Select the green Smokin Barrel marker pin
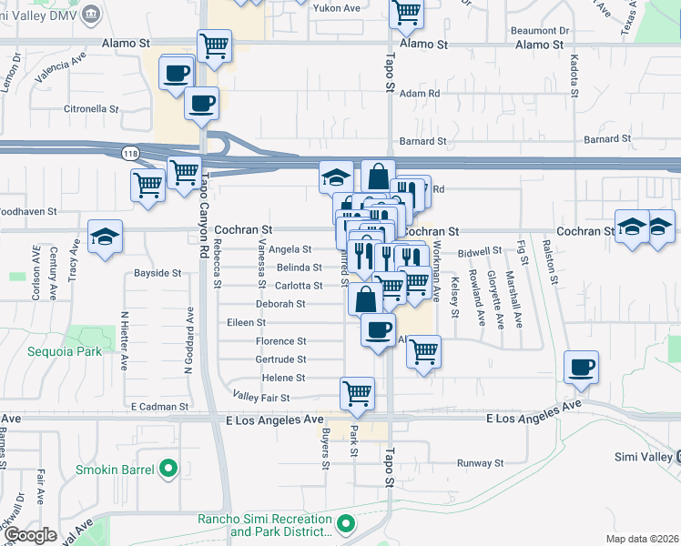168,470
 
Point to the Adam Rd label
420,94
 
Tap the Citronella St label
91,108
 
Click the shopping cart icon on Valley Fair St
358,393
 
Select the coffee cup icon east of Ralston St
581,367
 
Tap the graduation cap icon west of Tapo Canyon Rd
106,237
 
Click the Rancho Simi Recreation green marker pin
345,524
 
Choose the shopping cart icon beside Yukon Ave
405,13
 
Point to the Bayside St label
158,273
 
